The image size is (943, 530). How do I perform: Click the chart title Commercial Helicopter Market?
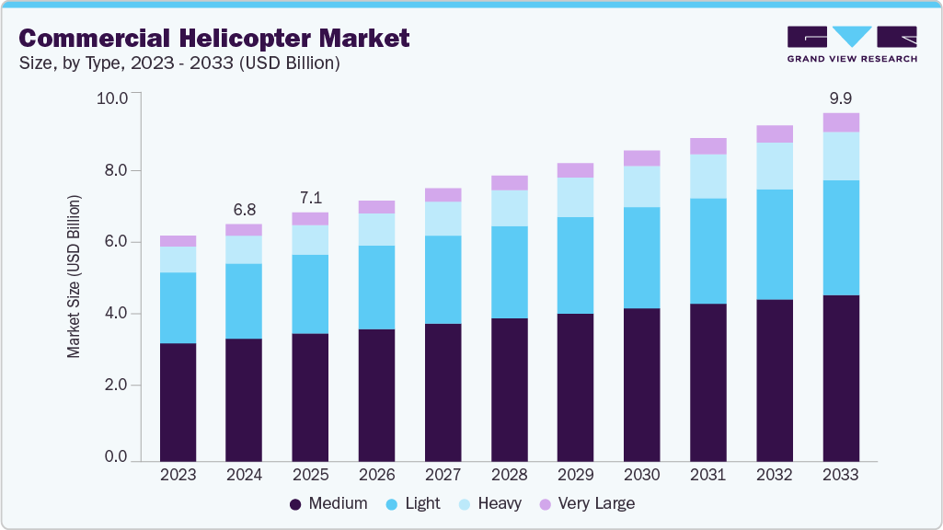[x=214, y=38]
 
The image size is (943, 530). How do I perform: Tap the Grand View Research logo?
[x=852, y=44]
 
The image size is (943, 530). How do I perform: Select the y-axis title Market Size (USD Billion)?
[x=74, y=276]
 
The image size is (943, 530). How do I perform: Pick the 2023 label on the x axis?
[x=178, y=476]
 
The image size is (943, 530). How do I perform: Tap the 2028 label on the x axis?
[x=509, y=476]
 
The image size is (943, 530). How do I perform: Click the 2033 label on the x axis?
[x=840, y=476]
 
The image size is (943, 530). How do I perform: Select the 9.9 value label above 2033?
[x=840, y=98]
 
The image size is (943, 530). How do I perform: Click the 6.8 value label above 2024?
[x=244, y=209]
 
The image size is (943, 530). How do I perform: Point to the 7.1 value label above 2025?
[x=310, y=198]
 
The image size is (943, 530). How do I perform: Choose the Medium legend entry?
[x=328, y=504]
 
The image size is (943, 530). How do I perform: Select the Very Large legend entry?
[x=586, y=504]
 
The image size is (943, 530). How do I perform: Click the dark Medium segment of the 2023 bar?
[x=178, y=402]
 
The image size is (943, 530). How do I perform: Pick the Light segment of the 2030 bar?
[x=641, y=258]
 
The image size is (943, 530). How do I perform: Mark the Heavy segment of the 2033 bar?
[x=840, y=156]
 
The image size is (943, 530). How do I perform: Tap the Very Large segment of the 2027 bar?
[x=443, y=195]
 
